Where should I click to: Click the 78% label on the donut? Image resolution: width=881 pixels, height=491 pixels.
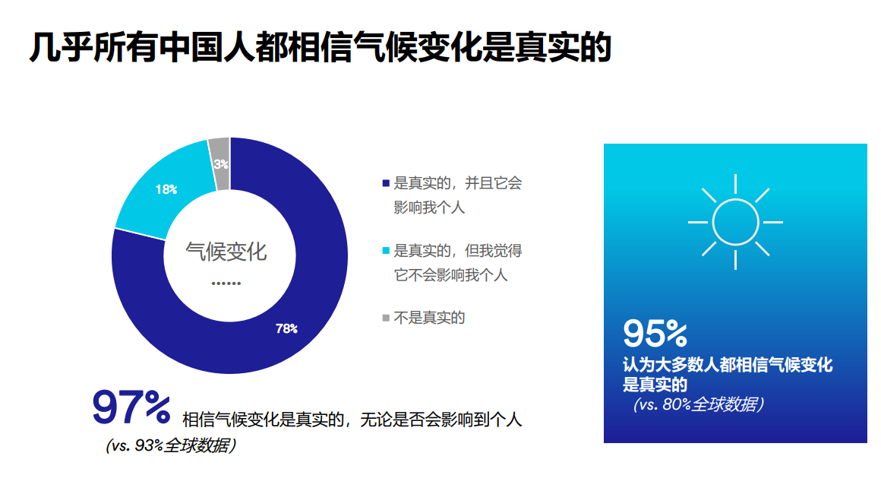(x=286, y=329)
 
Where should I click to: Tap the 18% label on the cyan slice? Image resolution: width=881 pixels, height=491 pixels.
(x=166, y=189)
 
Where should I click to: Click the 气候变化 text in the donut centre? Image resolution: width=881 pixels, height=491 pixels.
(x=226, y=252)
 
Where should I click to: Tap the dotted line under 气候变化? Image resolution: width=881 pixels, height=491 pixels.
(x=226, y=284)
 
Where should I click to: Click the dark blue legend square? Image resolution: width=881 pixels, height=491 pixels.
(x=386, y=183)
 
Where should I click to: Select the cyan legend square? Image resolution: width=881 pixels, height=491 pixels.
(x=386, y=250)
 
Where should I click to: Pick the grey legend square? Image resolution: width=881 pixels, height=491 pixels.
(x=386, y=317)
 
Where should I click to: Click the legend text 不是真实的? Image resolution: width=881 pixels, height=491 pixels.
(x=429, y=318)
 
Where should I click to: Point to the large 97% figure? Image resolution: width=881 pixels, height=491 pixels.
(x=131, y=408)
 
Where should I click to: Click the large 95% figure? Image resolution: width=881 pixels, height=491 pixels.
(x=655, y=333)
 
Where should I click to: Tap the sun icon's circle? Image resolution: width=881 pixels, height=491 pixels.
(x=735, y=222)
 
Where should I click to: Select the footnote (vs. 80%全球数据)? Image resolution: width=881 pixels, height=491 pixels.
(x=699, y=404)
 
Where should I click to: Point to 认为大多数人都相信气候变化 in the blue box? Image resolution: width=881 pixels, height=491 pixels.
(x=728, y=366)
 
